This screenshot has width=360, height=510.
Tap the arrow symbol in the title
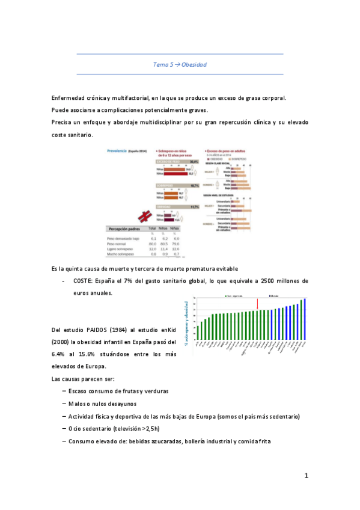point(175,64)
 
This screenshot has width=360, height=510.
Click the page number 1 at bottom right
point(306,476)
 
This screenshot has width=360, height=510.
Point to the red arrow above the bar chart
point(257,303)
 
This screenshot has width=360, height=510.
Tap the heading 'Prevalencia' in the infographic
point(118,150)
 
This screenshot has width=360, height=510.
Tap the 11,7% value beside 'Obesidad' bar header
point(194,206)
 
